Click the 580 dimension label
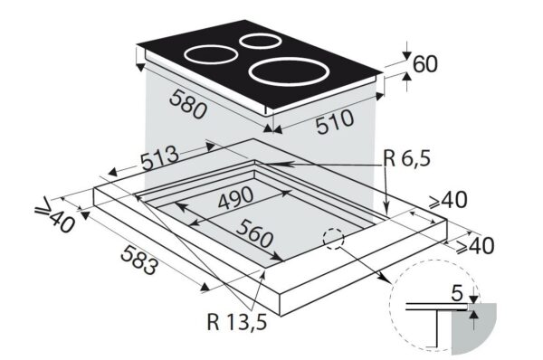point(188,103)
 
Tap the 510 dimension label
point(335,122)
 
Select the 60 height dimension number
point(425,63)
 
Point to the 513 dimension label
point(160,158)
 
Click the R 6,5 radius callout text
point(407,159)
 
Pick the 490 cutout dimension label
point(236,198)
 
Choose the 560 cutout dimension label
point(255,234)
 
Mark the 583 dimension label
point(139,260)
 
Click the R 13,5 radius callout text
point(237,322)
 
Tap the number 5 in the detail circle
point(457,293)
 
